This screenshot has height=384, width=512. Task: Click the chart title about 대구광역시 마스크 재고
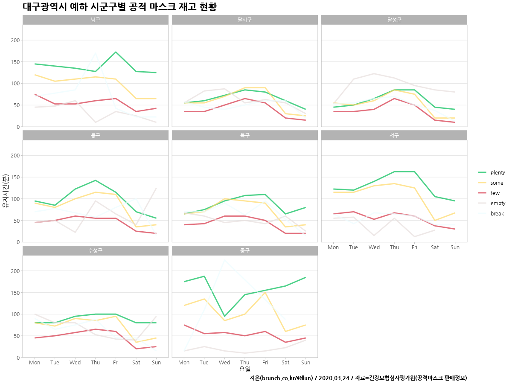[x=120, y=7]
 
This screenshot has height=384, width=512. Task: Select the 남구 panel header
[x=96, y=20]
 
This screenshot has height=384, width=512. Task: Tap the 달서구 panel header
[x=245, y=20]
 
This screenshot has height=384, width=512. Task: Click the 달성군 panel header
[x=394, y=20]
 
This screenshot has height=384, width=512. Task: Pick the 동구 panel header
[x=96, y=135]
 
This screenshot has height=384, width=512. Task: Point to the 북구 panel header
[x=245, y=135]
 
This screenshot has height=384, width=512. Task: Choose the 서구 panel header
[x=394, y=135]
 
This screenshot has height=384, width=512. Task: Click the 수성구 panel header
[x=96, y=250]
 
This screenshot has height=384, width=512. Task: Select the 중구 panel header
[x=245, y=250]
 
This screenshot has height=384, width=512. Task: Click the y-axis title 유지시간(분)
[x=6, y=191]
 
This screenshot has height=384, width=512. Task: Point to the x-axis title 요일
[x=245, y=369]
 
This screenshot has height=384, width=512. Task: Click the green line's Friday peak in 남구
[x=116, y=52]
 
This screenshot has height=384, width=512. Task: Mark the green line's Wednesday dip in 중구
[x=224, y=316]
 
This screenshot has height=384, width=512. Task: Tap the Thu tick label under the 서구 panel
[x=394, y=247]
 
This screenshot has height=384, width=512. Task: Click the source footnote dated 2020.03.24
[x=358, y=378]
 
